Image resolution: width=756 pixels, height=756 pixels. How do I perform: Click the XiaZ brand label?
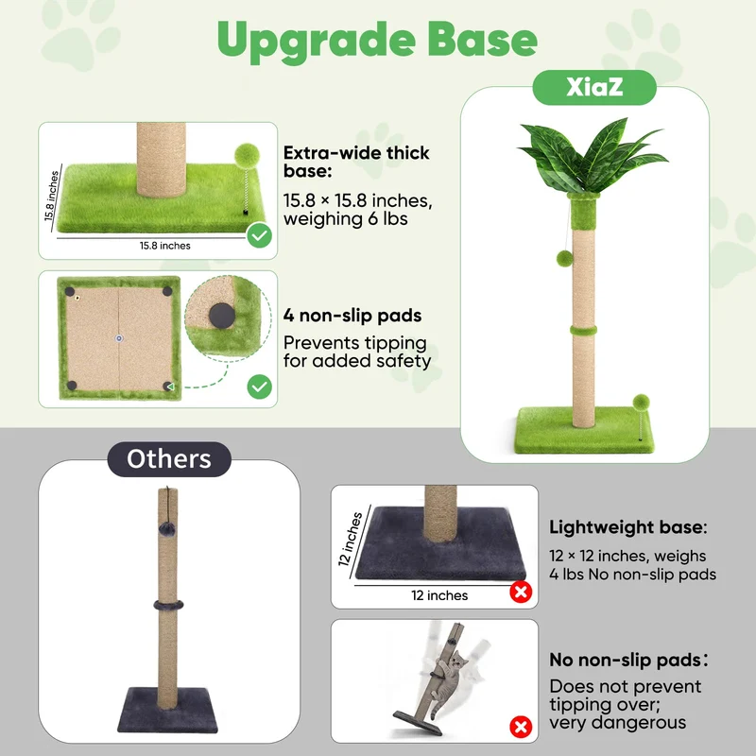[x=594, y=87]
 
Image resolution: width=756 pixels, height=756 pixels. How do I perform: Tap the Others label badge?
[x=169, y=459]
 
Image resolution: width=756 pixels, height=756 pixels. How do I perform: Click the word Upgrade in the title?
[x=316, y=41]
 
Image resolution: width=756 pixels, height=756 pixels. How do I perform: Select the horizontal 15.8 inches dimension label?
[x=164, y=246]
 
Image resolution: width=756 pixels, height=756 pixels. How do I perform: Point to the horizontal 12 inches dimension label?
[x=439, y=595]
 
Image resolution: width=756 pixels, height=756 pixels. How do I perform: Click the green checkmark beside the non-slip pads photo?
[x=259, y=387]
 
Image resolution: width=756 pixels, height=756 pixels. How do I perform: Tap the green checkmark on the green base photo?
[x=259, y=235]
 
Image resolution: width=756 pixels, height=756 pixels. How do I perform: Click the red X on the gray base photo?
[x=521, y=593]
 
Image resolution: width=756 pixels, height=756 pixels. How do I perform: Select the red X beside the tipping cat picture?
[x=521, y=727]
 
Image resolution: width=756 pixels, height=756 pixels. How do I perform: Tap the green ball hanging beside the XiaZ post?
[x=564, y=259]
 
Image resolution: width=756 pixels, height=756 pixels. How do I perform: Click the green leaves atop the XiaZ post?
[x=593, y=155]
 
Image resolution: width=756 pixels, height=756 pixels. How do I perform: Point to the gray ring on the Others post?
[x=168, y=605]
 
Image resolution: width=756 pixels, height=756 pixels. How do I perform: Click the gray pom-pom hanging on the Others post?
[x=167, y=528]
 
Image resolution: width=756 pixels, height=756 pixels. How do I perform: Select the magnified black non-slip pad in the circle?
[x=222, y=317]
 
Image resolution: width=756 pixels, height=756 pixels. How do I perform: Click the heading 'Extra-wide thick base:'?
[x=356, y=162]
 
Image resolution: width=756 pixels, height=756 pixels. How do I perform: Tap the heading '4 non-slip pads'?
[x=352, y=316]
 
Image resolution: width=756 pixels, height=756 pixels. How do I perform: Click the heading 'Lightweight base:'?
[x=627, y=527]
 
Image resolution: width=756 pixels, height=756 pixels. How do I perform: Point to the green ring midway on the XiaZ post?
[x=583, y=331]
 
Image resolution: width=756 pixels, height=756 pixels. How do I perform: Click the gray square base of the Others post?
[x=168, y=711]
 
